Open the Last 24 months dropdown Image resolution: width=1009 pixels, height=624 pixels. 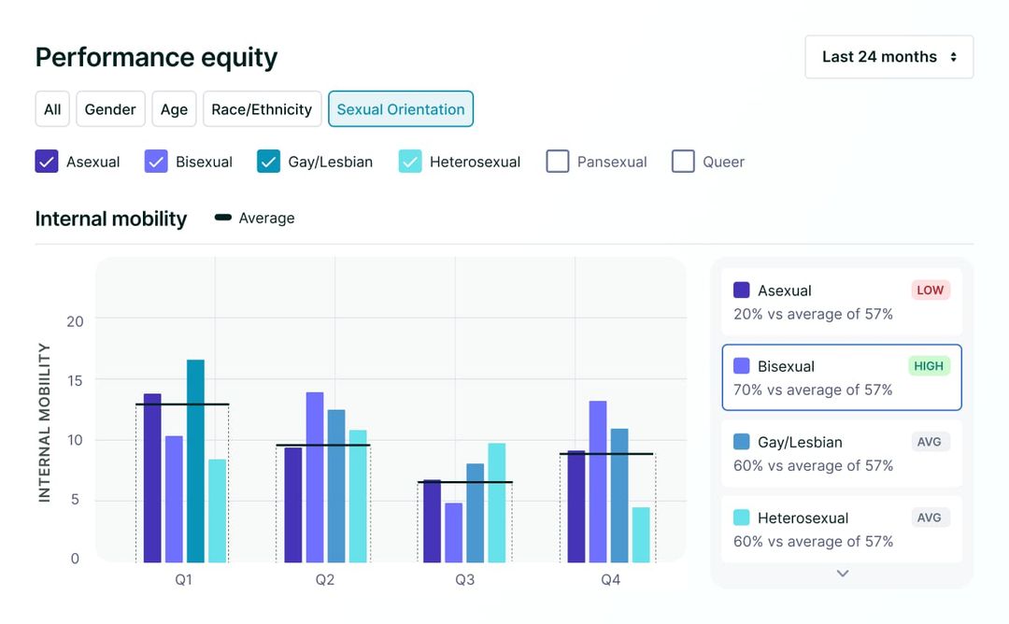pos(888,57)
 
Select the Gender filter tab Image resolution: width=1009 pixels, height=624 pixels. pos(110,109)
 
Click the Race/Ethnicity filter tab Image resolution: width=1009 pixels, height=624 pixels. pos(262,109)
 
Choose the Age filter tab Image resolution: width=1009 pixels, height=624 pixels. pos(174,109)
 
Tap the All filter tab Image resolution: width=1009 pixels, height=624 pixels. pos(52,109)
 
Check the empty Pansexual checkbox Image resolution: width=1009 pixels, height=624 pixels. pos(558,162)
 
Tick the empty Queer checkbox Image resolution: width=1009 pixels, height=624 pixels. pos(683,162)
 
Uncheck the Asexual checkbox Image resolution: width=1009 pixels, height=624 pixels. pos(47,162)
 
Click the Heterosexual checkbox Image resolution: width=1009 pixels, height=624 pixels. pos(410,162)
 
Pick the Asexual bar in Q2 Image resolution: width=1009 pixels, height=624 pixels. pos(293,504)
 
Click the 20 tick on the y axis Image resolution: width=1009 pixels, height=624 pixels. pos(75,321)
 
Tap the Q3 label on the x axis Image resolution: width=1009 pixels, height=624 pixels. pos(464,580)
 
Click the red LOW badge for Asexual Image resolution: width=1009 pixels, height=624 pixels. pos(930,291)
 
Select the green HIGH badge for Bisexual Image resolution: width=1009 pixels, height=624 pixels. pos(929,366)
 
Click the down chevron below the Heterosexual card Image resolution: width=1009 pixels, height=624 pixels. pos(842,574)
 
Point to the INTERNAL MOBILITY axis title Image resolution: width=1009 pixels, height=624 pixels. pos(44,422)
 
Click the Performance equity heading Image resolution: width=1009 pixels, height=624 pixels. pos(156,58)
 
